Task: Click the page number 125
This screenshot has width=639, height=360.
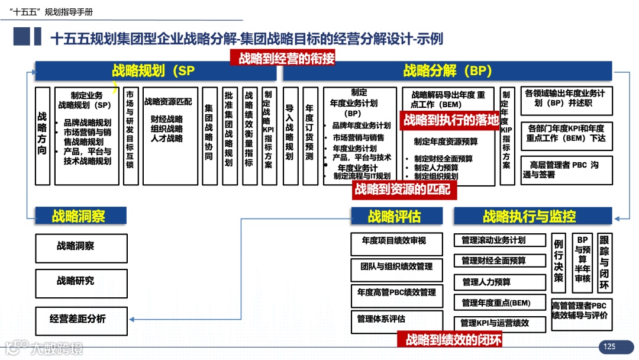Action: (609, 346)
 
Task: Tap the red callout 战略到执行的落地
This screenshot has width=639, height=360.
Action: (451, 120)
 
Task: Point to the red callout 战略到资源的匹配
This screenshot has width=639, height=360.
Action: (402, 189)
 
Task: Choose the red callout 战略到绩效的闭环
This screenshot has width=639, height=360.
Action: (453, 339)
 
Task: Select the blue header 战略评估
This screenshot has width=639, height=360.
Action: (396, 216)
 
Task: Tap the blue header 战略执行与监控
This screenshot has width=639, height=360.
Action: (533, 216)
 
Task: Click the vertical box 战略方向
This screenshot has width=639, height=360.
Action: (42, 136)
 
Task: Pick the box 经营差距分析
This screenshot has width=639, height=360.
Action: (81, 319)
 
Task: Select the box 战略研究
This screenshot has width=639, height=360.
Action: (81, 281)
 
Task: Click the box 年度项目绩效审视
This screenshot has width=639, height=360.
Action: (396, 242)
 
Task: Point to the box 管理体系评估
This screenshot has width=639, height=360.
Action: (396, 320)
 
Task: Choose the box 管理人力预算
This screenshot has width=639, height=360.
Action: (500, 282)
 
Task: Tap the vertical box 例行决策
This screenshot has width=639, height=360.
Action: (559, 262)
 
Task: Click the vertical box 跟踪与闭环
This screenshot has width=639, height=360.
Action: (604, 262)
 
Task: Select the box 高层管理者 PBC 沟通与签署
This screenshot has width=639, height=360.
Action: (567, 170)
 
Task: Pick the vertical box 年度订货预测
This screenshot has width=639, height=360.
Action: (309, 136)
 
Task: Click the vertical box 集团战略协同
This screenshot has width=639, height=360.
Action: (209, 136)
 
